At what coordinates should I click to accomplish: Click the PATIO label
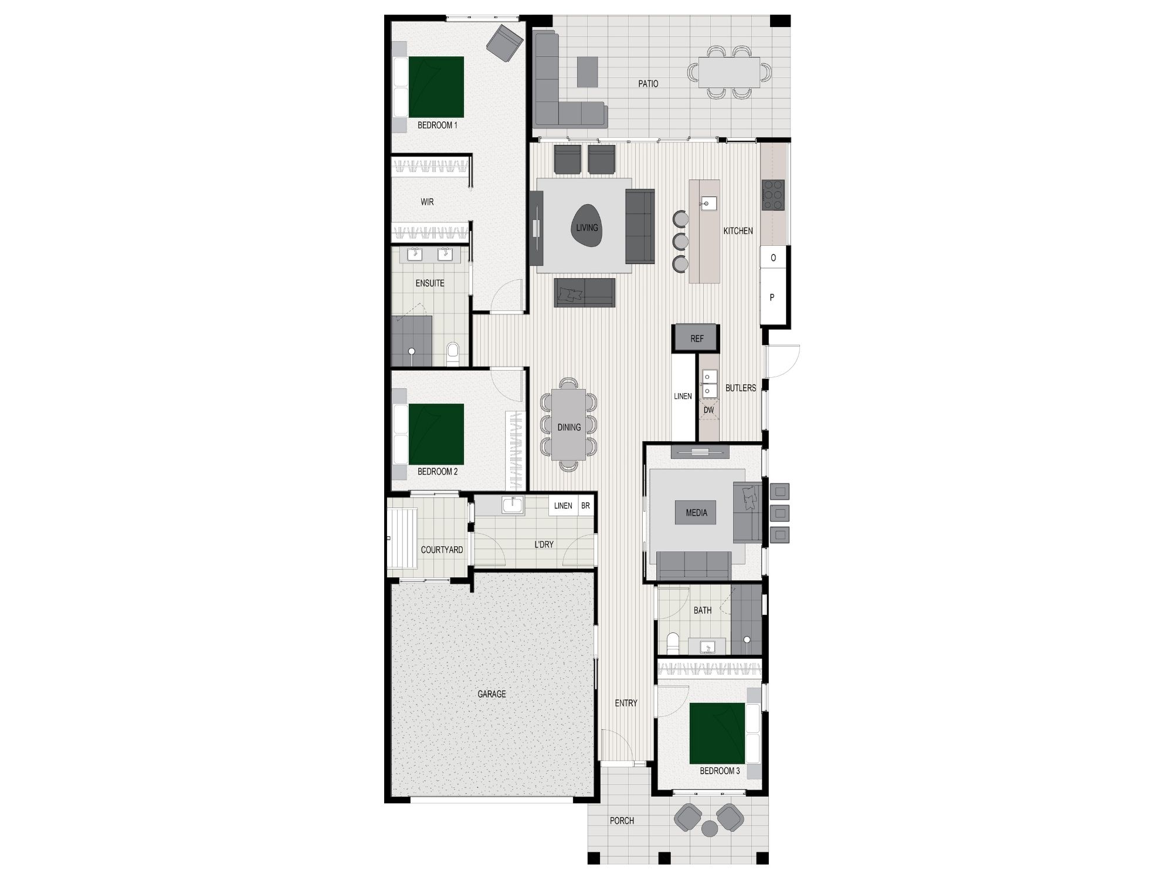(648, 84)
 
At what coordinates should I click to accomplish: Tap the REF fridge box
(697, 339)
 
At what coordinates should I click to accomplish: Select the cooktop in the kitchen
(773, 195)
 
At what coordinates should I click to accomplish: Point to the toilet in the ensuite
(452, 354)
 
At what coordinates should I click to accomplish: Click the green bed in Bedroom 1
(436, 87)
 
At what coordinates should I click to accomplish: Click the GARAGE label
(491, 694)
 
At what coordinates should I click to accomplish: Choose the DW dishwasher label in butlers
(708, 410)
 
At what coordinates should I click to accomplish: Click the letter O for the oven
(774, 258)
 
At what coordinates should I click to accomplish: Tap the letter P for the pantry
(772, 297)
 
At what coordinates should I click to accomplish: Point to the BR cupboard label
(585, 506)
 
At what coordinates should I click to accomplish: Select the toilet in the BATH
(673, 642)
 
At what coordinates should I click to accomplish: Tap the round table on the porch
(710, 828)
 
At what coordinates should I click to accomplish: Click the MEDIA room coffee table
(697, 513)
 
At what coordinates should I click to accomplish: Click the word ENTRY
(626, 703)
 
